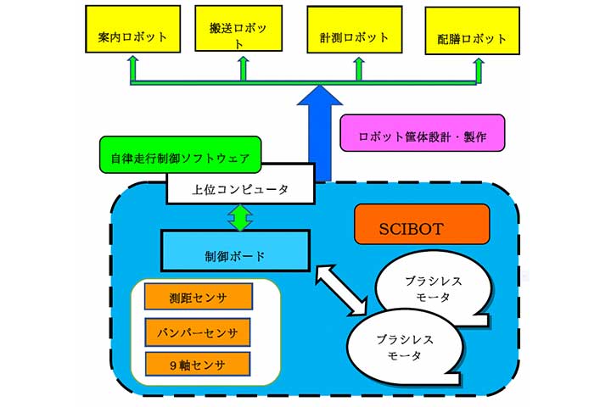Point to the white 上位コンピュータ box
[240, 187]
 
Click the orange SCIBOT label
[423, 227]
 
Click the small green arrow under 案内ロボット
[132, 68]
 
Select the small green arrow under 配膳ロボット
[478, 70]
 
